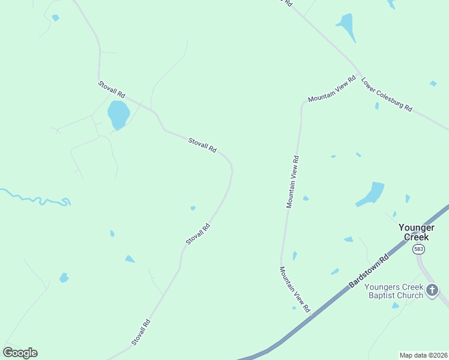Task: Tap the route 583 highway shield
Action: pos(418,250)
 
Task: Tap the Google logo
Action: pos(20,353)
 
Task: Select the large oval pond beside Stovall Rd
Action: pos(118,113)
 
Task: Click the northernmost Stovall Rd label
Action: pos(112,90)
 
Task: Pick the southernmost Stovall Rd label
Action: pos(140,332)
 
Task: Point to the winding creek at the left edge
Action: pos(36,199)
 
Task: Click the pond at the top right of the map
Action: pos(346,26)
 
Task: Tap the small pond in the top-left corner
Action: pos(55,18)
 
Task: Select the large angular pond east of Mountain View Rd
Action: pos(372,194)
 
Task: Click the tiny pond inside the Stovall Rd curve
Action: pos(193,208)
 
